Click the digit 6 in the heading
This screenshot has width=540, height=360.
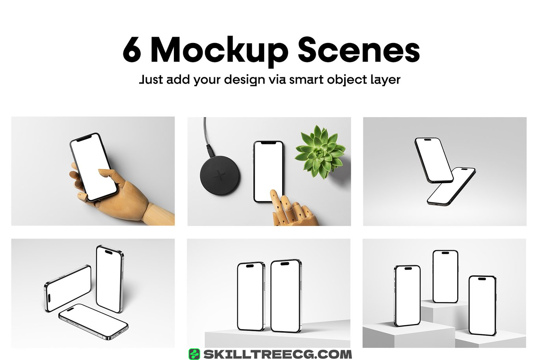132,49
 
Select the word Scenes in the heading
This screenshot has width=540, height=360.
359,50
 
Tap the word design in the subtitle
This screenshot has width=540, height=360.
244,80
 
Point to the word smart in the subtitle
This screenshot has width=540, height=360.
306,80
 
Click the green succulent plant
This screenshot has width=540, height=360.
320,152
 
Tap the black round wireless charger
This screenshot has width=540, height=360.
220,175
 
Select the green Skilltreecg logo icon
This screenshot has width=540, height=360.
194,354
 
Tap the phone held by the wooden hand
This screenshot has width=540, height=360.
93,167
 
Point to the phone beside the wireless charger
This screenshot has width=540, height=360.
268,172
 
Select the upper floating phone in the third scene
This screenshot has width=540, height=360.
434,160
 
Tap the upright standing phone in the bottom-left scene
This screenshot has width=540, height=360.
110,279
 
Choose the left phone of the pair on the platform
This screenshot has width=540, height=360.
251,297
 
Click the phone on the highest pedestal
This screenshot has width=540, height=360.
445,276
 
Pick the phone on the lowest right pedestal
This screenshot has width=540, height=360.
482,306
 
